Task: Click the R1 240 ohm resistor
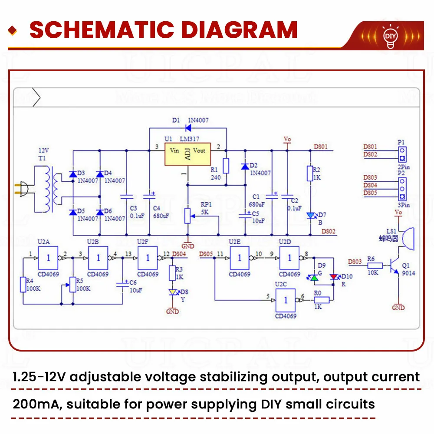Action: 226,165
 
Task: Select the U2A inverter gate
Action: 48,258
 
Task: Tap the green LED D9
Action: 314,277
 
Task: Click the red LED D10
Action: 333,277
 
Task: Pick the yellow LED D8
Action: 173,293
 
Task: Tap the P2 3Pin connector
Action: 402,185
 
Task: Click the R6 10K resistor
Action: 376,265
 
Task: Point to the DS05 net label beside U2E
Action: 206,253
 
